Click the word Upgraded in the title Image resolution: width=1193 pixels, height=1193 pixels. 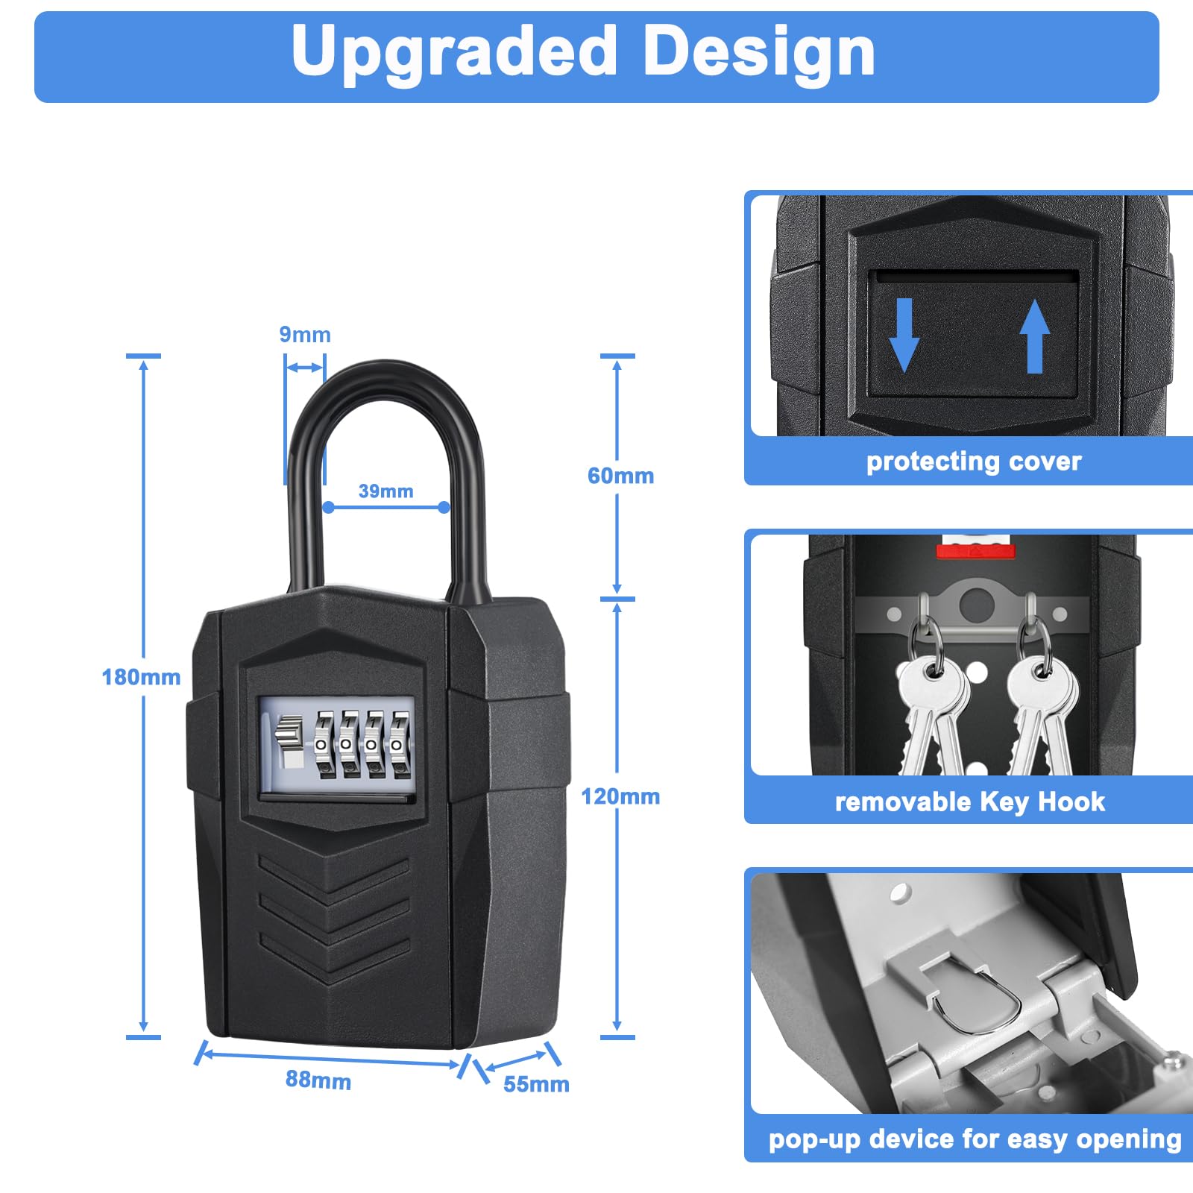(x=454, y=52)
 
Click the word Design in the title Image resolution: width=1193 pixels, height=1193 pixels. (x=758, y=52)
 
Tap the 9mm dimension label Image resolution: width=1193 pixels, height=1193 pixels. (x=305, y=335)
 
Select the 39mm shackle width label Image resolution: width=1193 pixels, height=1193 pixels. (x=385, y=491)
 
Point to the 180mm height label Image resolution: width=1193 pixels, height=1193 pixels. (x=141, y=677)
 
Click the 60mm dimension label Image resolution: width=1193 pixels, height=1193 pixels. (x=620, y=476)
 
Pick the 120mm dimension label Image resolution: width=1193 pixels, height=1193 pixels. (x=620, y=796)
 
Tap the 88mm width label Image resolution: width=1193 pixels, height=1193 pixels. (x=318, y=1080)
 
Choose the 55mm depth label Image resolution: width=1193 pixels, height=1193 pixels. (x=536, y=1084)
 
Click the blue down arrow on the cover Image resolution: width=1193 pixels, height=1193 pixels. (x=904, y=336)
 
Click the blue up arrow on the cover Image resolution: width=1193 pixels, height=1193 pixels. (x=1034, y=336)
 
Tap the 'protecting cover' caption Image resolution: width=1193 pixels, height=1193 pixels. (x=974, y=462)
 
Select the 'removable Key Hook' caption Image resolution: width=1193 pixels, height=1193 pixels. (x=970, y=802)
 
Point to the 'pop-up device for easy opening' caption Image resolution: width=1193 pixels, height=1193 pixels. (x=975, y=1139)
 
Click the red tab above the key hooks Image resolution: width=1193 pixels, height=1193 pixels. (x=975, y=551)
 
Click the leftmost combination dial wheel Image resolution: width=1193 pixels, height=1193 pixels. (x=323, y=745)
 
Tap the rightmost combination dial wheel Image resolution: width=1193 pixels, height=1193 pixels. (x=400, y=745)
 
